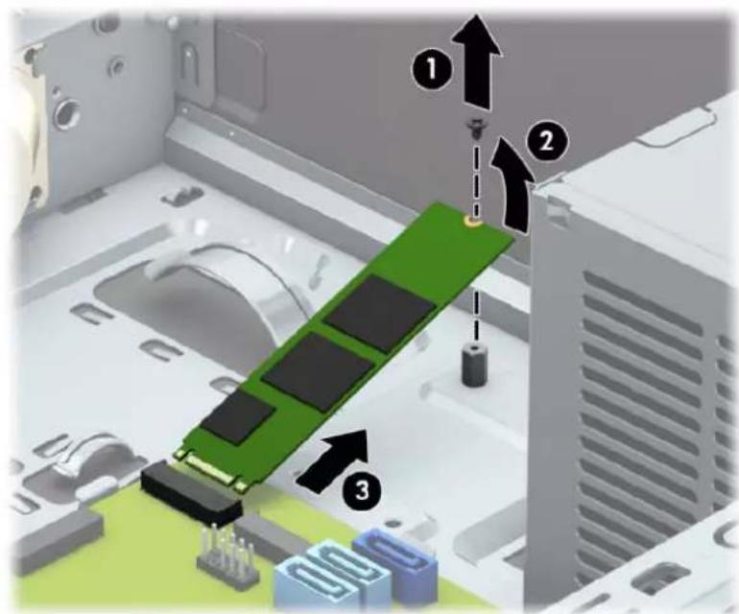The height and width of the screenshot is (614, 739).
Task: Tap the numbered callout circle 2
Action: (547, 141)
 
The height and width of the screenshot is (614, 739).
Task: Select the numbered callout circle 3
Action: (362, 490)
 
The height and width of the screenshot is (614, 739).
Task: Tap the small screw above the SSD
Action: (475, 128)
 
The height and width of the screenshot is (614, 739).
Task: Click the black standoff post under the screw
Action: (473, 365)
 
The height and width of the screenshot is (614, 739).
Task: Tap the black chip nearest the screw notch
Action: (380, 313)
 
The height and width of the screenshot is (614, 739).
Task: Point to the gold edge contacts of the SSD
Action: (210, 466)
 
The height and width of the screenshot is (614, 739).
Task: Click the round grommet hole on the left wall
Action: (65, 112)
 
